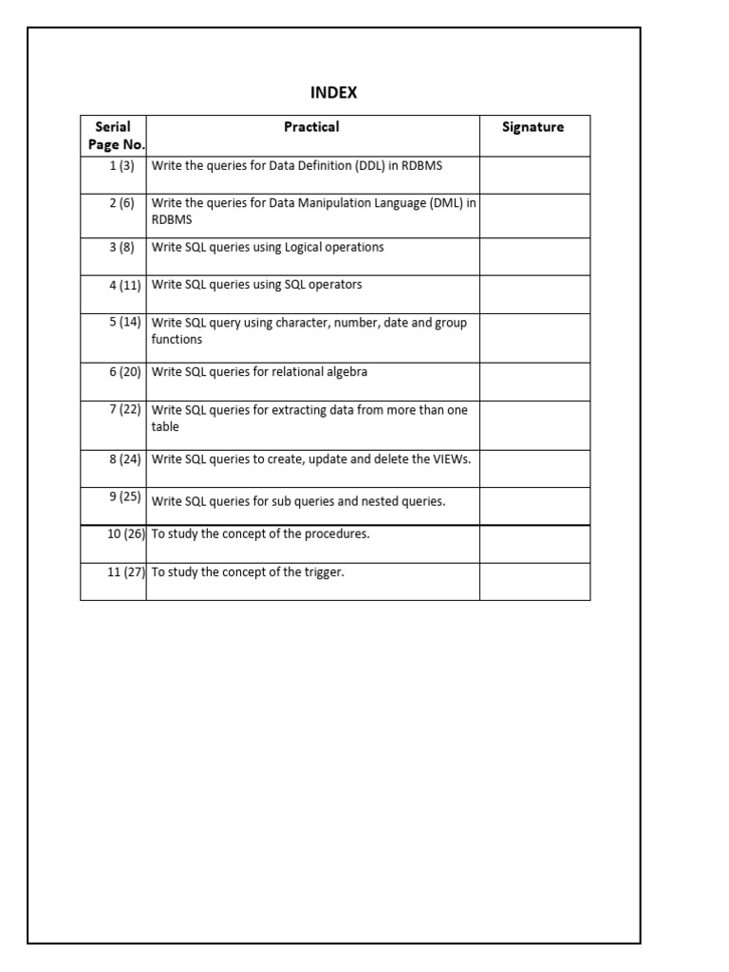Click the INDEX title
pyautogui.click(x=333, y=93)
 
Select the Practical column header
pyautogui.click(x=311, y=127)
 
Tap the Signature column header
pyautogui.click(x=533, y=127)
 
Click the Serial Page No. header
pyautogui.click(x=113, y=136)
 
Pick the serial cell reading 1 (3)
pyautogui.click(x=121, y=165)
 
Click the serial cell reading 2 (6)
pyautogui.click(x=121, y=203)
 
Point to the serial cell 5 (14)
pyautogui.click(x=124, y=322)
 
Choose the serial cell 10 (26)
pyautogui.click(x=125, y=533)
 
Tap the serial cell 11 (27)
pyautogui.click(x=125, y=572)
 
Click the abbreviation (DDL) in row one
pyautogui.click(x=370, y=165)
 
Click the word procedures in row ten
pyautogui.click(x=337, y=533)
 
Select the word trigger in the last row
pyautogui.click(x=324, y=572)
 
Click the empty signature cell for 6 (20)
pyautogui.click(x=534, y=382)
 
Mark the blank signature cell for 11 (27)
pyautogui.click(x=534, y=581)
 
